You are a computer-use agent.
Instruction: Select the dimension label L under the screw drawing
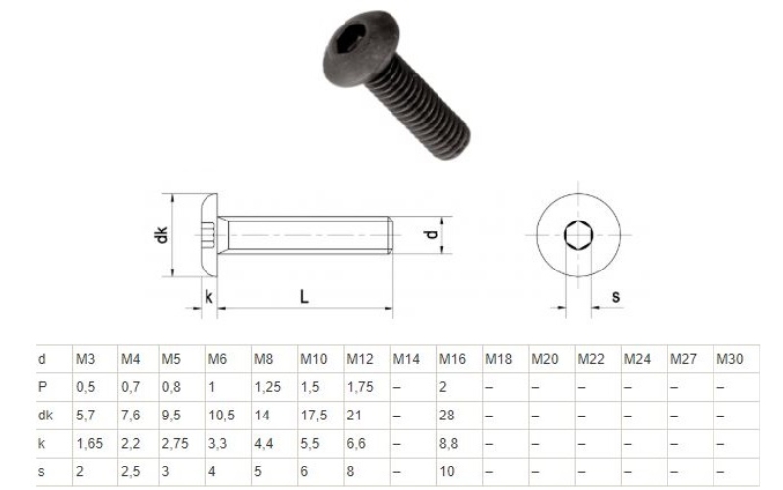click(304, 297)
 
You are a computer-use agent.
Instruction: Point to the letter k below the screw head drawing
click(208, 296)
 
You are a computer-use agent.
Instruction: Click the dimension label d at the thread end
click(427, 236)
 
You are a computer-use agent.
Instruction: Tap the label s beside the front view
click(615, 296)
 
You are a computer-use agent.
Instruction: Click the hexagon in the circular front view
click(576, 236)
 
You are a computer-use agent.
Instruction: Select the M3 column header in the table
click(85, 359)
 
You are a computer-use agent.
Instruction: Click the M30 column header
click(729, 359)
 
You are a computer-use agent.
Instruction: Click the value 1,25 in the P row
click(267, 387)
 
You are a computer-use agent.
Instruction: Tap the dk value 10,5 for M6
click(221, 416)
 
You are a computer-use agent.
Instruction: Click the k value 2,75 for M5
click(176, 444)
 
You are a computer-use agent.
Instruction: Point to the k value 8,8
click(449, 444)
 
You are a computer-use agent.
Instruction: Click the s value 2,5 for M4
click(130, 472)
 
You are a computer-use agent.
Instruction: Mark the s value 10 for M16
click(447, 472)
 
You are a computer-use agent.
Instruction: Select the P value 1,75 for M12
click(362, 387)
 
